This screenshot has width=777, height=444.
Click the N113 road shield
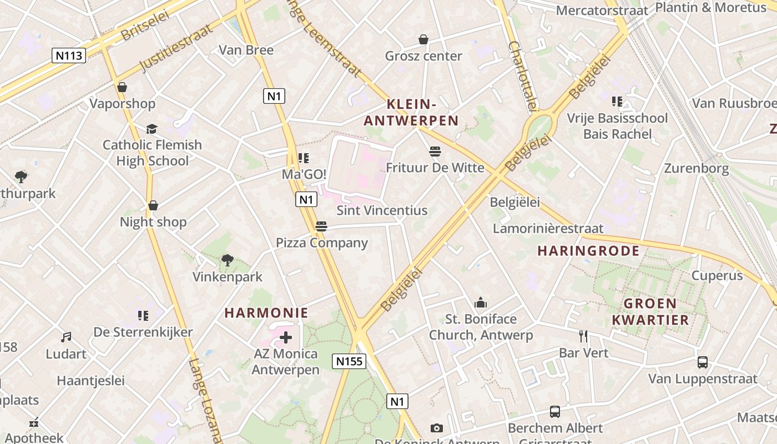tap(69, 55)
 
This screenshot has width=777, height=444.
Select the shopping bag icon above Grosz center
tap(423, 39)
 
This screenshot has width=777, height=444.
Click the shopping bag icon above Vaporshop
tap(122, 87)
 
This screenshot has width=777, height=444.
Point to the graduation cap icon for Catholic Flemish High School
tap(152, 129)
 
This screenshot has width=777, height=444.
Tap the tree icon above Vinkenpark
tap(227, 260)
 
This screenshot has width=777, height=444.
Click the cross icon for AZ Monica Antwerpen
tap(286, 337)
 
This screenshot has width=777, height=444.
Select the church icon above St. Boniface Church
tap(481, 302)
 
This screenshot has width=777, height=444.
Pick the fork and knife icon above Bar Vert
tap(583, 336)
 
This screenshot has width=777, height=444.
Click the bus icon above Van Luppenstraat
tap(703, 362)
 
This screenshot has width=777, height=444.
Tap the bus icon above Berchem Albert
tap(555, 412)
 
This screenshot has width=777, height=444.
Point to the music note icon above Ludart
tap(66, 337)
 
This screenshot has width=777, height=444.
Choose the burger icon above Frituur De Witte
tap(435, 151)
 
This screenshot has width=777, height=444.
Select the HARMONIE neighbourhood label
tap(266, 312)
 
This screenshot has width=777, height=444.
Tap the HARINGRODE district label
tap(588, 251)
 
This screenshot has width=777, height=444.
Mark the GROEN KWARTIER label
tap(650, 311)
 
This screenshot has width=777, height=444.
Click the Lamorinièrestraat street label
tap(548, 228)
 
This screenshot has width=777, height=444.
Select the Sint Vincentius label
tap(382, 210)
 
